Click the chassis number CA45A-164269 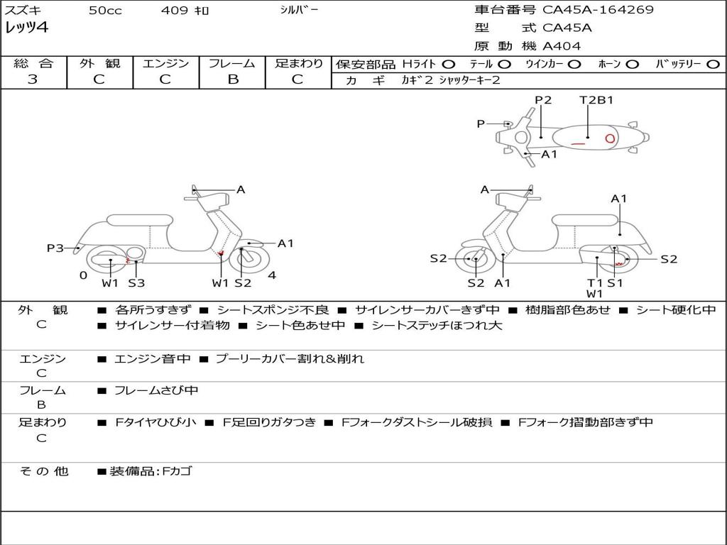pyautogui.click(x=598, y=10)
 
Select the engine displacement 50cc pyautogui.click(x=104, y=11)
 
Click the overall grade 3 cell pyautogui.click(x=33, y=79)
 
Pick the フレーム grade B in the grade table pyautogui.click(x=232, y=79)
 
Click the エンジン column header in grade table pyautogui.click(x=165, y=63)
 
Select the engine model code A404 pyautogui.click(x=562, y=46)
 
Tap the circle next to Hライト pyautogui.click(x=448, y=64)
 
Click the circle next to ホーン pyautogui.click(x=632, y=64)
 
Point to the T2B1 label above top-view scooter pyautogui.click(x=596, y=100)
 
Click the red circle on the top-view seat pyautogui.click(x=609, y=138)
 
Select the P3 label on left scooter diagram pyautogui.click(x=55, y=248)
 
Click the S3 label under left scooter pyautogui.click(x=136, y=283)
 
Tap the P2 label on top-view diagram pyautogui.click(x=543, y=100)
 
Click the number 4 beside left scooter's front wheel pyautogui.click(x=272, y=275)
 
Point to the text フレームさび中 pyautogui.click(x=156, y=390)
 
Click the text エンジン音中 pyautogui.click(x=152, y=359)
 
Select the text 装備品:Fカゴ pyautogui.click(x=151, y=471)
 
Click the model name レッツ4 pyautogui.click(x=26, y=28)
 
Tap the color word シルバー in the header pyautogui.click(x=299, y=10)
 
